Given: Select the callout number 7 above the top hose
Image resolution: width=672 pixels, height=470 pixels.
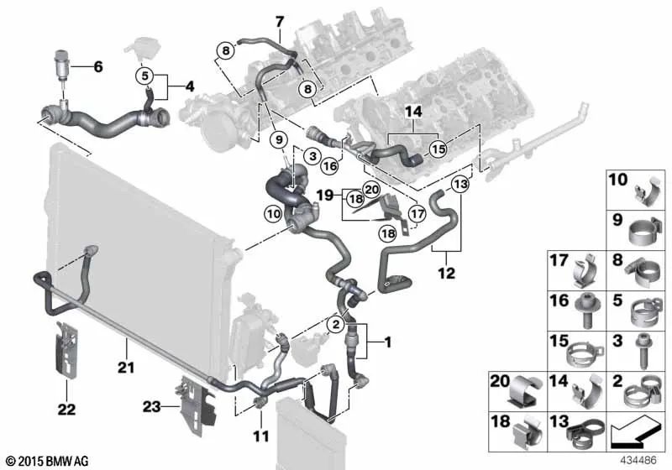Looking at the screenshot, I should tap(280, 20).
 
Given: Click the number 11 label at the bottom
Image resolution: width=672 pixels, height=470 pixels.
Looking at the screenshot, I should tap(260, 436).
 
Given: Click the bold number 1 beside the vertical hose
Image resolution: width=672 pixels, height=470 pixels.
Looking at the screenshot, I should tap(387, 342).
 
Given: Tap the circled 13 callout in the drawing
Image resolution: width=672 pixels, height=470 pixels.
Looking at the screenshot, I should tap(459, 184).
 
